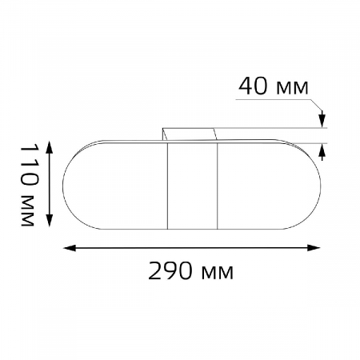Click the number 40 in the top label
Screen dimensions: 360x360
pos(254,86)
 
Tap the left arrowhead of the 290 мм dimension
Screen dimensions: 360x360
pos(68,248)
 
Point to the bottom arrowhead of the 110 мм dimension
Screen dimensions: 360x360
pos(50,220)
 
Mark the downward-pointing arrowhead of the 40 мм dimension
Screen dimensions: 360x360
pos(322,120)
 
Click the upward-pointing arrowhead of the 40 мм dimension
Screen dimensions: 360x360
pos(322,152)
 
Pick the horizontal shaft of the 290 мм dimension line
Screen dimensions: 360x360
pos(192,248)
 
